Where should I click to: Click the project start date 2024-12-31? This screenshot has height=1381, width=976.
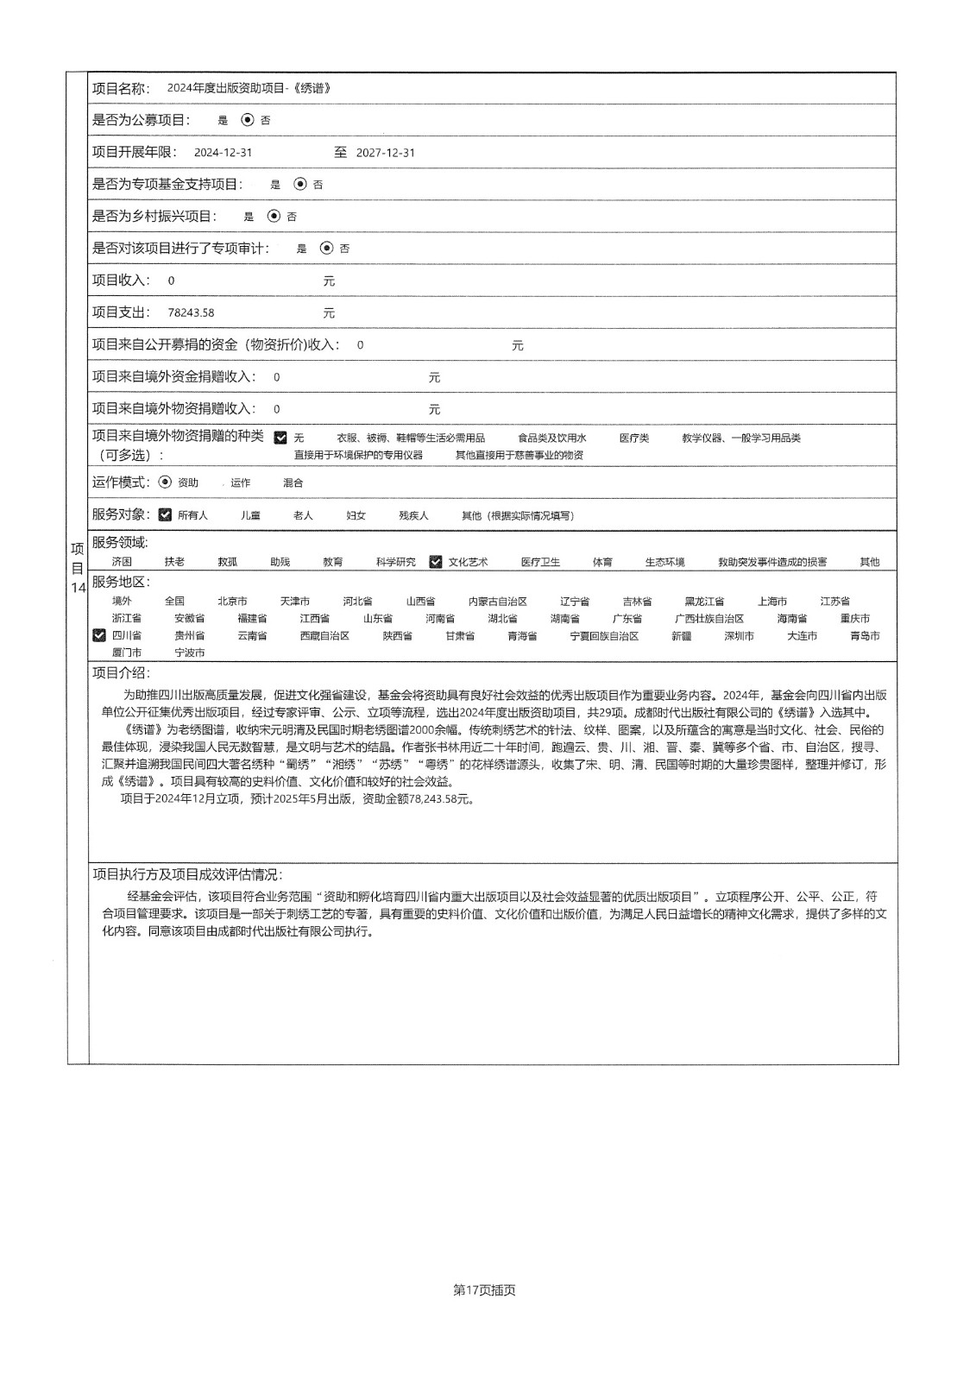click(223, 153)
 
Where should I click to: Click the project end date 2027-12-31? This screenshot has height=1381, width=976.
click(386, 153)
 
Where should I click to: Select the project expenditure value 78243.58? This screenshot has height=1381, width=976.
click(191, 312)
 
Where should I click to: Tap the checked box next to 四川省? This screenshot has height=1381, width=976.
click(99, 635)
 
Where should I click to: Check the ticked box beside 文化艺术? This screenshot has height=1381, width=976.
click(436, 562)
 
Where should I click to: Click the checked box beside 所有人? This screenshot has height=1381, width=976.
click(166, 515)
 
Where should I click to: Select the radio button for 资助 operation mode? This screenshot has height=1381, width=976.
click(166, 482)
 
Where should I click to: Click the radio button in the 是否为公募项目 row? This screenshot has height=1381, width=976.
click(248, 120)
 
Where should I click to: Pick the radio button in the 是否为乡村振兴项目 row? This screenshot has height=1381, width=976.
click(274, 216)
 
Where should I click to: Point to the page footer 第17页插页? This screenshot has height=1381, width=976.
click(484, 1290)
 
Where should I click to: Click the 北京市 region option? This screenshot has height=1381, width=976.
click(232, 601)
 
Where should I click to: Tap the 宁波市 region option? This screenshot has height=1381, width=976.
click(190, 653)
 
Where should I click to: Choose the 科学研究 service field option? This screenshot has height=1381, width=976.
click(395, 562)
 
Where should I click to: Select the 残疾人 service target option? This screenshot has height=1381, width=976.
click(413, 515)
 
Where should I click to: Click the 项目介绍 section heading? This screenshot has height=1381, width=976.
click(121, 673)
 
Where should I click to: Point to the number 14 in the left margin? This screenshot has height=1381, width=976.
click(78, 588)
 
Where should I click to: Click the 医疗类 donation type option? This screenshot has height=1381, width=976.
click(634, 438)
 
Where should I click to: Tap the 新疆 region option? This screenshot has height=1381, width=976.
click(681, 636)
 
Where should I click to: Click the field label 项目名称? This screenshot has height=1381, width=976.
click(121, 88)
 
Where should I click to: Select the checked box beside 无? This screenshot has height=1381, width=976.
click(280, 438)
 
